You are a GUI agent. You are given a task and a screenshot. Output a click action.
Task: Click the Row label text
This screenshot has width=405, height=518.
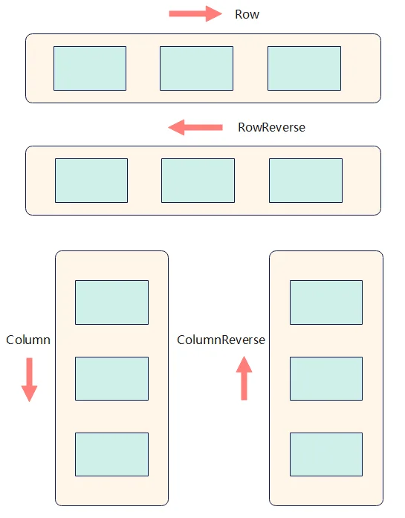(247, 15)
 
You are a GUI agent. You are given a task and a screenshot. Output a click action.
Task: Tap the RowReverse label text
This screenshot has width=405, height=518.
(271, 128)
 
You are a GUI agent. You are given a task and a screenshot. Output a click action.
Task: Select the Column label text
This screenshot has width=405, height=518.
(28, 340)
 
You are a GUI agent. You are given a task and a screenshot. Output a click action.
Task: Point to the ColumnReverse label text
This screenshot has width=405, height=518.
(221, 340)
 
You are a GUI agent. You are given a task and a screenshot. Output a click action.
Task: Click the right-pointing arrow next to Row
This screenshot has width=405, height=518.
(195, 13)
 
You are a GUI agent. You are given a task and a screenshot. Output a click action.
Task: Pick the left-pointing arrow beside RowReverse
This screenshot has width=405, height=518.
(195, 128)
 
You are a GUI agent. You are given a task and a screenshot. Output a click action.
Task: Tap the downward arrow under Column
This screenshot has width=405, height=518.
(30, 380)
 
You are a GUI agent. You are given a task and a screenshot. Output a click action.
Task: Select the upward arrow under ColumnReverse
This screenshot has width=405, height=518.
(244, 378)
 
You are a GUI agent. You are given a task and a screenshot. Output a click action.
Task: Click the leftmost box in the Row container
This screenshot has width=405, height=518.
(90, 68)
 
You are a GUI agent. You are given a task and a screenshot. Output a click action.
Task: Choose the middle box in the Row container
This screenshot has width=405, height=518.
(196, 68)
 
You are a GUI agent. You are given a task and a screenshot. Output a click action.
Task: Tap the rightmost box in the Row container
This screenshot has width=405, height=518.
(304, 68)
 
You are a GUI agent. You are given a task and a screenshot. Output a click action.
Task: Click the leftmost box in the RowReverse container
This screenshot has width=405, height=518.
(91, 181)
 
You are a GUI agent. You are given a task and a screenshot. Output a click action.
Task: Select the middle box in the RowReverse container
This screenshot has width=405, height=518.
(198, 181)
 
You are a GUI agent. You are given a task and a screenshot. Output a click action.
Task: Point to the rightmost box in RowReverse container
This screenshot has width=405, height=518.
(306, 181)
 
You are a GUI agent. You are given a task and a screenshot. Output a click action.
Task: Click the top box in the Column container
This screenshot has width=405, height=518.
(112, 302)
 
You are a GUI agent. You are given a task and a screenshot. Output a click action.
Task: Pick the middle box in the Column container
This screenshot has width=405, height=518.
(112, 378)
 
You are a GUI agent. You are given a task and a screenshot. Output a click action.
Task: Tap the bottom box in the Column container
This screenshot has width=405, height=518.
(112, 455)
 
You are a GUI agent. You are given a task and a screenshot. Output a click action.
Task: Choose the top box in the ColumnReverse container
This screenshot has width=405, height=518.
(326, 302)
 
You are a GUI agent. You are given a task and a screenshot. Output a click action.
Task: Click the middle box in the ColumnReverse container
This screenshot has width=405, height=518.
(326, 378)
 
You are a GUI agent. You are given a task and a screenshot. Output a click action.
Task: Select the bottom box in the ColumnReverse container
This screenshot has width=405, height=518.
(326, 455)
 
